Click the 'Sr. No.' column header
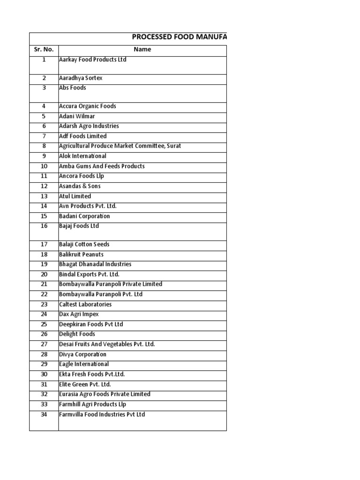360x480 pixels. (x=44, y=49)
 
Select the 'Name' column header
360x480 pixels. (x=142, y=49)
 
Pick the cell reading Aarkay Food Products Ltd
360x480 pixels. (x=93, y=60)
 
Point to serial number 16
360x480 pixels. (x=44, y=226)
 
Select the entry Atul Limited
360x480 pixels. (x=75, y=196)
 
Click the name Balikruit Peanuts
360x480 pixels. (x=82, y=255)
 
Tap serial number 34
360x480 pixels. (x=44, y=414)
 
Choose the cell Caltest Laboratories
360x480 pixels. (x=85, y=305)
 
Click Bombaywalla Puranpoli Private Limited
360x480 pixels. (x=111, y=284)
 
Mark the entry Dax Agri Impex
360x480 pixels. (x=79, y=315)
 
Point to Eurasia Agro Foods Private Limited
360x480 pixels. (x=105, y=394)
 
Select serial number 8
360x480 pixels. (x=44, y=146)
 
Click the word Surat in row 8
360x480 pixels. (x=174, y=146)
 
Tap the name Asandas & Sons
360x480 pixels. (x=79, y=186)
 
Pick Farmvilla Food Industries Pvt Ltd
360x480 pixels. (x=102, y=414)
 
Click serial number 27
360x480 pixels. (x=44, y=344)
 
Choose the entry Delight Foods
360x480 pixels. (x=77, y=334)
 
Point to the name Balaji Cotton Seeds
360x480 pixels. (x=83, y=245)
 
